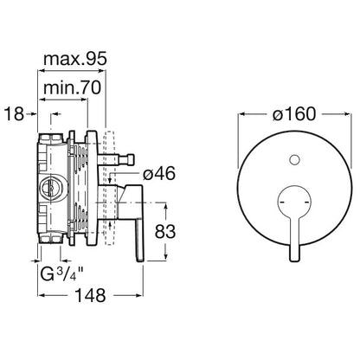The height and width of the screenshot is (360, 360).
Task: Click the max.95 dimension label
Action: pyautogui.click(x=75, y=59)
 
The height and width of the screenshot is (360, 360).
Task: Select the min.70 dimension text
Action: pyautogui.click(x=72, y=87)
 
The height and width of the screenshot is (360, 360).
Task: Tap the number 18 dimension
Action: pyautogui.click(x=14, y=114)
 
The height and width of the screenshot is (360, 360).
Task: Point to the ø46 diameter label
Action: pyautogui.click(x=159, y=174)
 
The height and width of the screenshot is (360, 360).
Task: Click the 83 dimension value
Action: pyautogui.click(x=165, y=231)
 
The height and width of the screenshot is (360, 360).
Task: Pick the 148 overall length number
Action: pyautogui.click(x=90, y=295)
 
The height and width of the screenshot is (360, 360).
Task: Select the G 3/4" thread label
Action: pyautogui.click(x=61, y=273)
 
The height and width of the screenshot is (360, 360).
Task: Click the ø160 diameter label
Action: pyautogui.click(x=294, y=114)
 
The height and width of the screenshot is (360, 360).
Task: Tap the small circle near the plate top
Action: pyautogui.click(x=294, y=160)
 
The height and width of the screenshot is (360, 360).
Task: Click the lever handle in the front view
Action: pyautogui.click(x=294, y=219)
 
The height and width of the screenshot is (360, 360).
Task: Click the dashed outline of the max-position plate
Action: pyautogui.click(x=110, y=188)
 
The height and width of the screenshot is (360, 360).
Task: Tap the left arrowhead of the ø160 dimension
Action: pyautogui.click(x=241, y=114)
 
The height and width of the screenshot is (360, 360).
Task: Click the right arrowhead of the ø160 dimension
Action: pyautogui.click(x=347, y=114)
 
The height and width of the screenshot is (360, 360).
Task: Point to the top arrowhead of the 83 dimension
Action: pyautogui.click(x=166, y=208)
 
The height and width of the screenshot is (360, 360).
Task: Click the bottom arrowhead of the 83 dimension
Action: pyautogui.click(x=166, y=257)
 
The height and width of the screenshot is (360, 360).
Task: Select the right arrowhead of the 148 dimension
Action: pyautogui.click(x=140, y=295)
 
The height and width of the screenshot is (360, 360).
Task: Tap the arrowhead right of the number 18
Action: pyautogui.click(x=34, y=114)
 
